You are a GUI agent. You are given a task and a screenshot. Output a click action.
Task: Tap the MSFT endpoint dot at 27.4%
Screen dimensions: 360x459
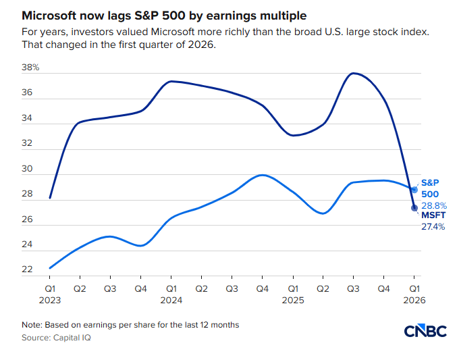414,207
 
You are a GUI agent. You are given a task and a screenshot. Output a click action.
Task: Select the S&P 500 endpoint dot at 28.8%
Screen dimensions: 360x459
414,190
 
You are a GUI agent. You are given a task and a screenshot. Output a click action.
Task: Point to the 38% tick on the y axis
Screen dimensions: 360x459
32,68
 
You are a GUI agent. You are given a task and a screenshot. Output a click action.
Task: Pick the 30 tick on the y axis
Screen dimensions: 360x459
28,169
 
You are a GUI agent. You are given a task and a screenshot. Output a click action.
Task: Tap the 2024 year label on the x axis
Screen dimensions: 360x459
171,299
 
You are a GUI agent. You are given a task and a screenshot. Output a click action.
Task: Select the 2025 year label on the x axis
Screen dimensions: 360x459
292,299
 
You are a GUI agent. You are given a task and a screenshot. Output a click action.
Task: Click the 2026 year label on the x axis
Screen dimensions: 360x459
414,299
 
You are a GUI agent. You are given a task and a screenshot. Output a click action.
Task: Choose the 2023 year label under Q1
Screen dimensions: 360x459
50,299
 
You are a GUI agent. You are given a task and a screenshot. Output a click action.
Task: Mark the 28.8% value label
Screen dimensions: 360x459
433,205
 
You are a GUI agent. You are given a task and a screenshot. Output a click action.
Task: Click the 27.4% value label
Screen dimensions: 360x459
433,227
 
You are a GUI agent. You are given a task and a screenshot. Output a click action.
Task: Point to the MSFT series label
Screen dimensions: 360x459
433,215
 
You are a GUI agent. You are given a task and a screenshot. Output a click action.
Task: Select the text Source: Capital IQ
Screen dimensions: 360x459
56,337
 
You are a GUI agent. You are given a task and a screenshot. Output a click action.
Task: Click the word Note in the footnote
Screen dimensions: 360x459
31,325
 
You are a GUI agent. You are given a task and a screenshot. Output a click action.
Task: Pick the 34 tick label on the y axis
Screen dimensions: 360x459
28,118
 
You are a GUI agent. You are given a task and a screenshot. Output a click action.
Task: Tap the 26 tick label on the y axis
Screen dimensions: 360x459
28,220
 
